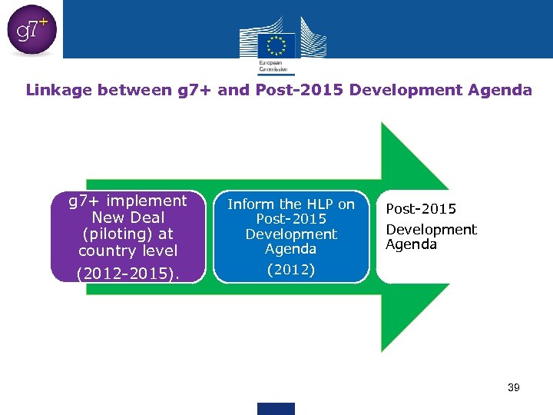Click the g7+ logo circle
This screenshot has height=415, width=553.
[x=31, y=31]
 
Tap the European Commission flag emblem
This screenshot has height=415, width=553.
[x=276, y=45]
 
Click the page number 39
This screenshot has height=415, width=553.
[x=513, y=387]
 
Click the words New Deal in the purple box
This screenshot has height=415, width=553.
[x=127, y=217]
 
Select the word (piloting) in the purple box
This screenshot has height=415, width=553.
[x=127, y=234]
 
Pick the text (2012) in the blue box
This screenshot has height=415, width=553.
[x=290, y=270]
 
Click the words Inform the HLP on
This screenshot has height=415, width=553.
[x=290, y=204]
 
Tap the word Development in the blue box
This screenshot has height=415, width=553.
[x=290, y=234]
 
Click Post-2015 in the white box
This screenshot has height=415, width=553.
[x=421, y=209]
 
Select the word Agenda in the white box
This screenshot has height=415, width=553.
[x=411, y=244]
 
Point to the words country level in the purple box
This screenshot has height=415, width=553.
[x=127, y=251]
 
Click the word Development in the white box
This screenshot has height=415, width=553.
[x=431, y=229]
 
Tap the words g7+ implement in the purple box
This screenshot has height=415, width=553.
[x=127, y=201]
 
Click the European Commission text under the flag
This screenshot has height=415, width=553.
[x=270, y=66]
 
